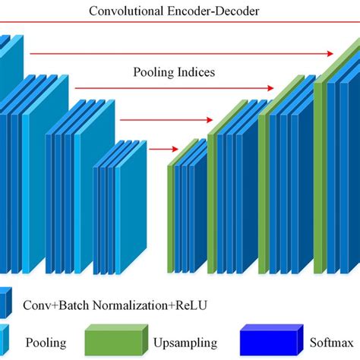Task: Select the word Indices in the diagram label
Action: coord(194,73)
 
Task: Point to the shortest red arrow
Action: coord(158,148)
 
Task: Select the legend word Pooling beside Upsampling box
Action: coord(47,342)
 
